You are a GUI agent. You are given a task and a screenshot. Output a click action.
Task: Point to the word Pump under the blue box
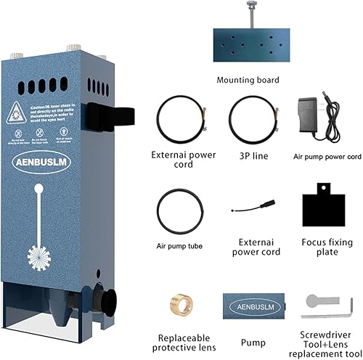click(x=250, y=338)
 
